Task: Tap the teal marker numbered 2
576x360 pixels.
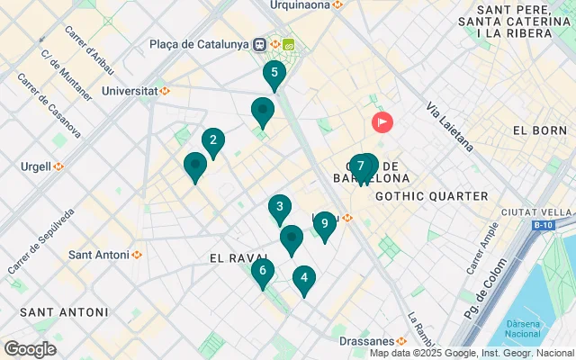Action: (x=212, y=140)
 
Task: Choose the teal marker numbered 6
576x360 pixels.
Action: (x=262, y=271)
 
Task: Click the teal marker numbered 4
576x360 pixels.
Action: (x=304, y=279)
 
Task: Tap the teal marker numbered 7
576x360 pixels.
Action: (x=360, y=166)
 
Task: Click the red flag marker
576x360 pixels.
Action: (x=382, y=121)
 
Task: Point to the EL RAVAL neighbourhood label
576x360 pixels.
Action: (x=239, y=258)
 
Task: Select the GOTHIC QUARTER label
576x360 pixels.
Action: (x=431, y=196)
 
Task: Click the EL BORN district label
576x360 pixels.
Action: (x=538, y=130)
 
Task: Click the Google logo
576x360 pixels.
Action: (x=30, y=349)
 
